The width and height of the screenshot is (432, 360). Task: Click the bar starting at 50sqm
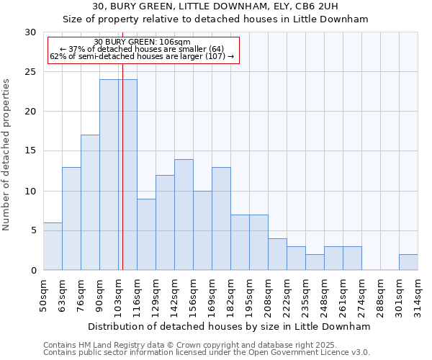[53, 246]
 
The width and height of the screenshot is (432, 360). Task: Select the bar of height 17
[90, 202]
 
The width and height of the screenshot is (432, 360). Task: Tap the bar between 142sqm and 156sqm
[184, 215]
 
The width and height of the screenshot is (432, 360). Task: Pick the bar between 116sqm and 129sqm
[146, 234]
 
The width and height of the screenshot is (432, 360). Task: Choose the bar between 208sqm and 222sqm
[277, 254]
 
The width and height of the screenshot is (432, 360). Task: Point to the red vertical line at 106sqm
[122, 173]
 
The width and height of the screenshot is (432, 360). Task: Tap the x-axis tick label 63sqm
[62, 297]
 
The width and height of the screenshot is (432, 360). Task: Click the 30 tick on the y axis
[30, 32]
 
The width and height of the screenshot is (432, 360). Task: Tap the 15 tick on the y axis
[30, 151]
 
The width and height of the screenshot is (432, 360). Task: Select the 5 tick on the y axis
[33, 230]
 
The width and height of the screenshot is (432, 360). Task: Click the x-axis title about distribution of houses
[230, 326]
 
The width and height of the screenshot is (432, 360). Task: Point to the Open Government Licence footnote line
[207, 353]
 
